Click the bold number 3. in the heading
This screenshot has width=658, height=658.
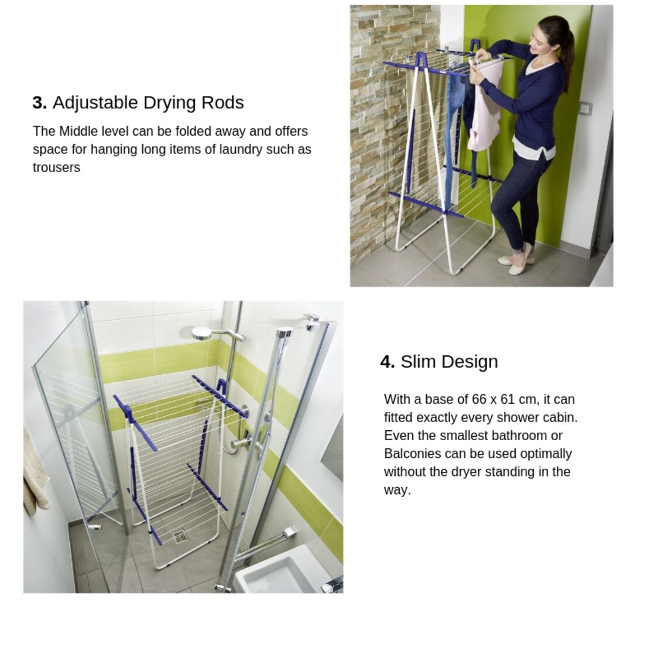[39, 103]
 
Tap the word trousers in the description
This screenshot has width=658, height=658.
[56, 167]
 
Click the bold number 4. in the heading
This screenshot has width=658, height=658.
[388, 362]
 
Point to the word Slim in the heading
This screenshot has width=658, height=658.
[418, 362]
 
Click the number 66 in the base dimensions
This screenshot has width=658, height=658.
[479, 399]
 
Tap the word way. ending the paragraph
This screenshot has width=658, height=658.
[397, 490]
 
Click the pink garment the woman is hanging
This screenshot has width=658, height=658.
[485, 105]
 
